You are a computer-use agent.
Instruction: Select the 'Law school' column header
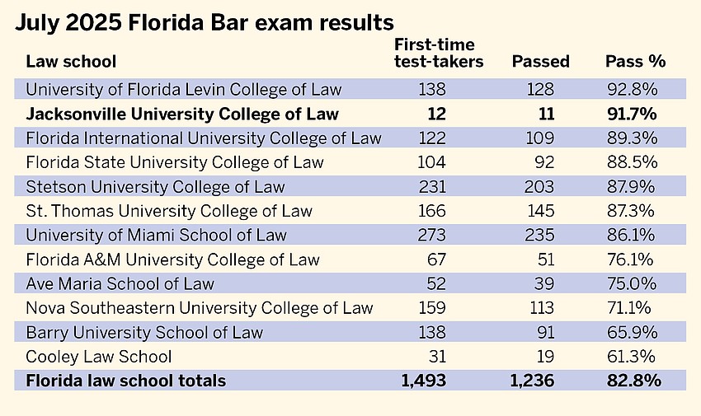(x=71, y=62)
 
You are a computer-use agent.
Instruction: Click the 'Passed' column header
(x=540, y=62)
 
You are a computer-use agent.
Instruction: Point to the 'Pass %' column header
(x=635, y=62)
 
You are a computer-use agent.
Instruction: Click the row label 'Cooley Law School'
(x=99, y=357)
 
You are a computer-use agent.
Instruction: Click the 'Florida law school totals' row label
(x=126, y=381)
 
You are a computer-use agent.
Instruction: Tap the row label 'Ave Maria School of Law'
(x=120, y=283)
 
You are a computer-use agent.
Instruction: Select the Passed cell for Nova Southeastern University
(x=539, y=308)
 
